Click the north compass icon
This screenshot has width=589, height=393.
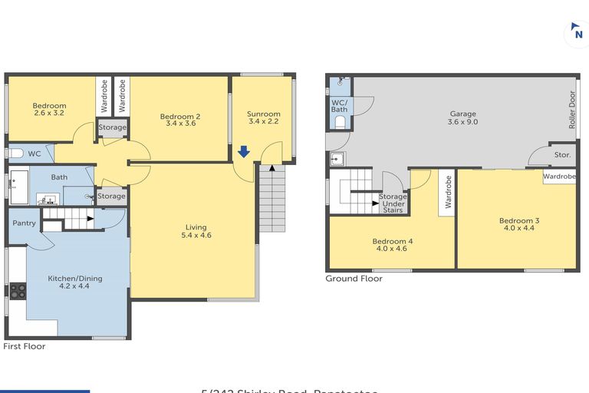coord(575,35)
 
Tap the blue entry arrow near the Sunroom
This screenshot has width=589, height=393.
coord(243,152)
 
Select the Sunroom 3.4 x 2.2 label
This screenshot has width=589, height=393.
coord(262,117)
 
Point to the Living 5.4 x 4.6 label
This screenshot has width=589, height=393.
coord(196,231)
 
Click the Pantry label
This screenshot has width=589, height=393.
coord(24,223)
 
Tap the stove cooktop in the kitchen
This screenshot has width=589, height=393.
coord(17,291)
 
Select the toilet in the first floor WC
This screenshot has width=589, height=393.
coord(15,154)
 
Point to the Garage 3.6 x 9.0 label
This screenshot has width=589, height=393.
coord(462,117)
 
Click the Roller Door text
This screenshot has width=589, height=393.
coord(571,109)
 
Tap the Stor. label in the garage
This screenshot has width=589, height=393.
coord(562,155)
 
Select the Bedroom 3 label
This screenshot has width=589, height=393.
coord(520,224)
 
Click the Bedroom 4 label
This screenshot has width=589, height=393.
coord(393,245)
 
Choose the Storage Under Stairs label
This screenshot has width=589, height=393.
coord(393,203)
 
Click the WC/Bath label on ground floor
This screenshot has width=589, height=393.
coord(339,106)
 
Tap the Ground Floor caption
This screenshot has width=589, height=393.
coord(354,279)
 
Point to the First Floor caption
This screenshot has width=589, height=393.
coord(25,346)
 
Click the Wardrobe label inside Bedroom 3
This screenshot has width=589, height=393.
coord(559,177)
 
